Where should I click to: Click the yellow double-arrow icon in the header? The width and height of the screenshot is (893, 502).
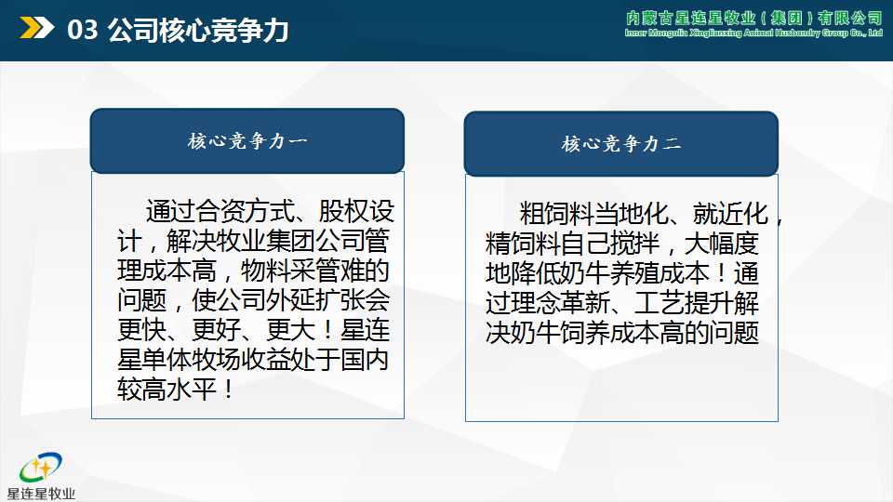(x=36, y=30)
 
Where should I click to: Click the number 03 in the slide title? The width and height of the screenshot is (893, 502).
(x=83, y=31)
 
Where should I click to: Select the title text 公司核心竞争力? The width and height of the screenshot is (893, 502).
(x=198, y=31)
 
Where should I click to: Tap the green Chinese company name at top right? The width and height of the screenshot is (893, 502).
(x=754, y=18)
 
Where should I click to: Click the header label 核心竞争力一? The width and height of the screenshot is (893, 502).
(x=247, y=141)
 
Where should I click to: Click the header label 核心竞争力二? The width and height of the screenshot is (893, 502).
(x=620, y=144)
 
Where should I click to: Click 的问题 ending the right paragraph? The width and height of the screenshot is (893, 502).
(x=728, y=333)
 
